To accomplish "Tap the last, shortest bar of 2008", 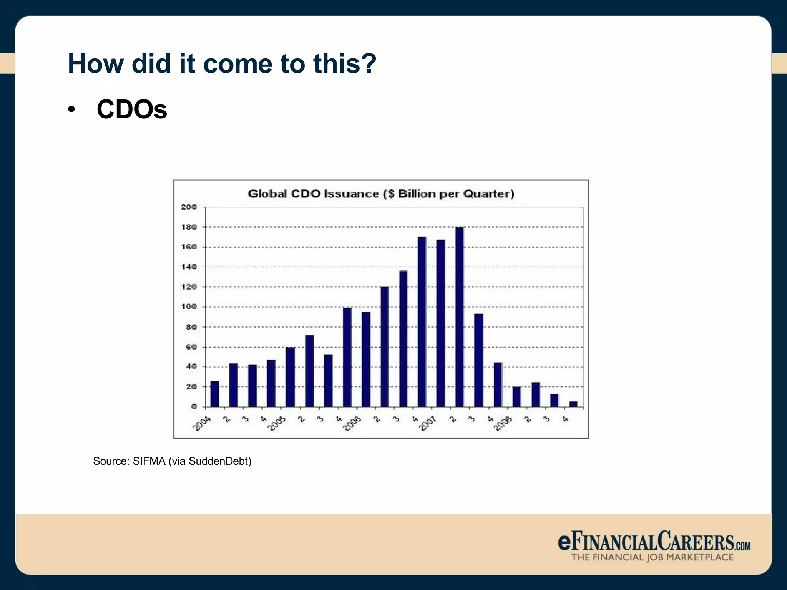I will click(x=573, y=404).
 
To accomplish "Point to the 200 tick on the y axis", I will click(x=189, y=207).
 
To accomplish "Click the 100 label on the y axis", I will click(x=189, y=307).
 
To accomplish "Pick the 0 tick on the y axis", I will click(x=194, y=406).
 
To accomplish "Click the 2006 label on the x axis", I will click(x=352, y=424).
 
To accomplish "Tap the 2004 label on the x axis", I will click(x=202, y=424).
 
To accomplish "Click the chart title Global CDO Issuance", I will click(x=381, y=194).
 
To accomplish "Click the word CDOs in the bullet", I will click(x=132, y=109).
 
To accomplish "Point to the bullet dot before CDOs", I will click(x=71, y=110).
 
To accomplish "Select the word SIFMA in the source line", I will click(x=149, y=461).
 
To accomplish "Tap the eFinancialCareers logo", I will click(x=654, y=541).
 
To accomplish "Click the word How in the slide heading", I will click(x=96, y=63).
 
